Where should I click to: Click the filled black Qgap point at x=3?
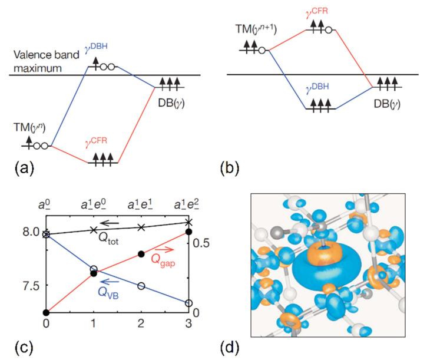(188, 232)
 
